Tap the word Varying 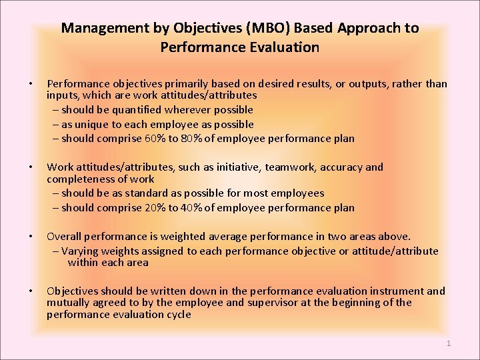point(82,251)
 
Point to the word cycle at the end point(178,315)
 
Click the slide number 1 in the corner point(449,343)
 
